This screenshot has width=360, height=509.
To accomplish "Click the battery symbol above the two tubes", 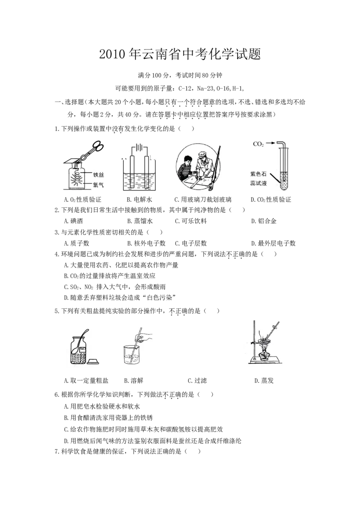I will coord(139,147).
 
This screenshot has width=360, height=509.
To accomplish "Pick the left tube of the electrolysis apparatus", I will coord(131,173).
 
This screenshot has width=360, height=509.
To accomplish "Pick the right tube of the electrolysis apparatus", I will coord(146,173).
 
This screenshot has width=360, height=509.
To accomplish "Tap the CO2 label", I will coord(258,144).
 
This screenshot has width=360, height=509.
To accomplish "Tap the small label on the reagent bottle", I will coord(83,348).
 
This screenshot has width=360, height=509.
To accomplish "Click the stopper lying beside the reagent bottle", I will coord(94,361).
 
